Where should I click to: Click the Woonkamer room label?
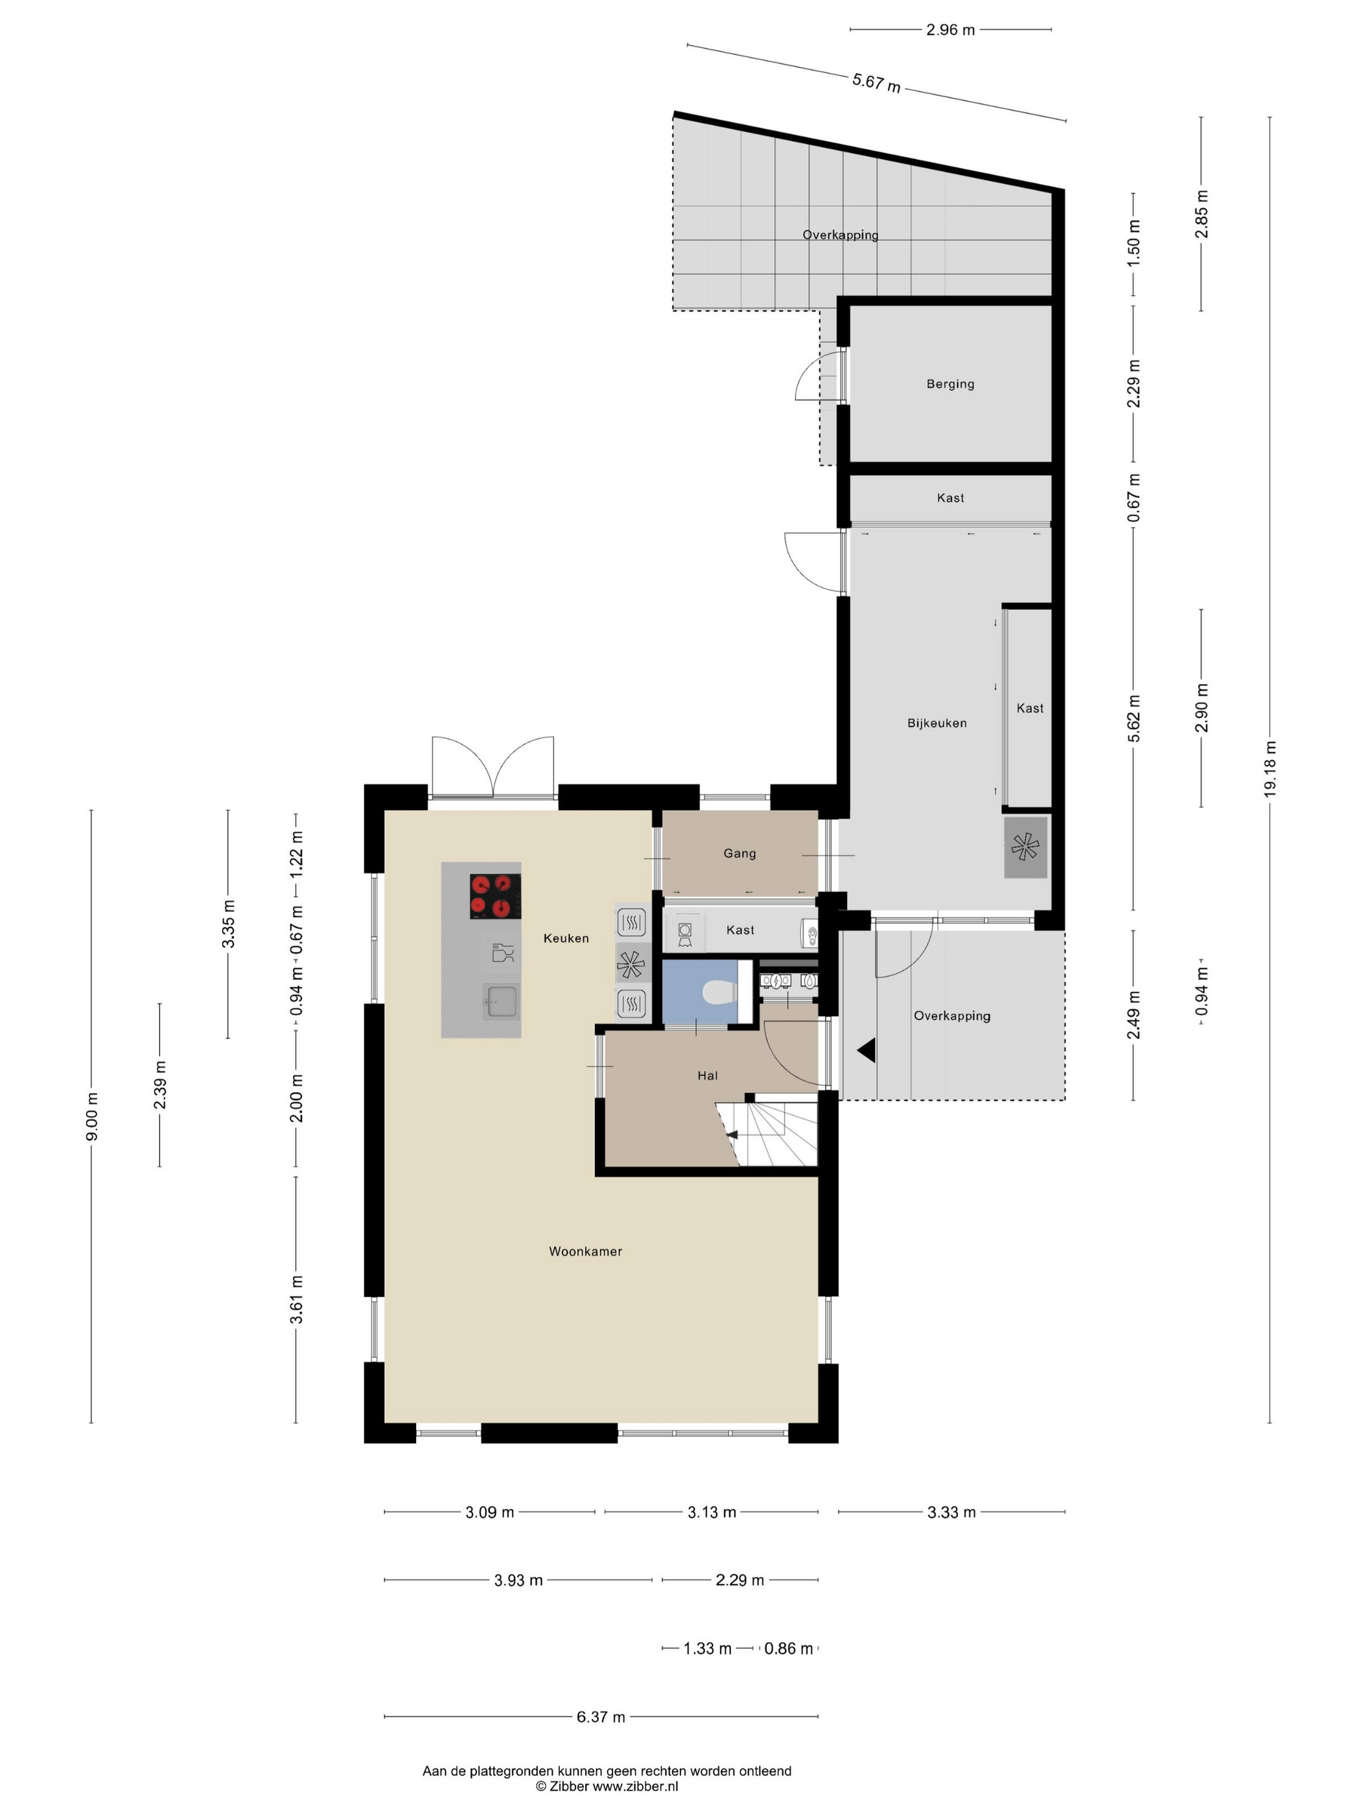point(585,1251)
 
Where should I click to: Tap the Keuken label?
point(566,938)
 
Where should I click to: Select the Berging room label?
point(950,384)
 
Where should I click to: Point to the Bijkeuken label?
point(937,723)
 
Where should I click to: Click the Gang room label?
point(739,853)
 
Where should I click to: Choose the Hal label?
point(707,1075)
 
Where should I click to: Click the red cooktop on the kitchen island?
point(494,896)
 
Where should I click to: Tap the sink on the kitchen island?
point(500,1002)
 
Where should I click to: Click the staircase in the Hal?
point(767,1133)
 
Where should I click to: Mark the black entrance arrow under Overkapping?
point(867,1050)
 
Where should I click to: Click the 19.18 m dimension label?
point(1270,768)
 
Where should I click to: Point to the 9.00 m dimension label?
point(92,1116)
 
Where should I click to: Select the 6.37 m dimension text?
point(601,1716)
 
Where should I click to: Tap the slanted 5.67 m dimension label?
point(876,83)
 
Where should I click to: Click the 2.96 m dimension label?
point(951,30)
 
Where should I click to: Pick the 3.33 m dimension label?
point(951,1512)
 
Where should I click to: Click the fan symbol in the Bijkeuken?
point(1025,847)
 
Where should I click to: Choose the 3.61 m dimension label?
point(297,1300)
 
